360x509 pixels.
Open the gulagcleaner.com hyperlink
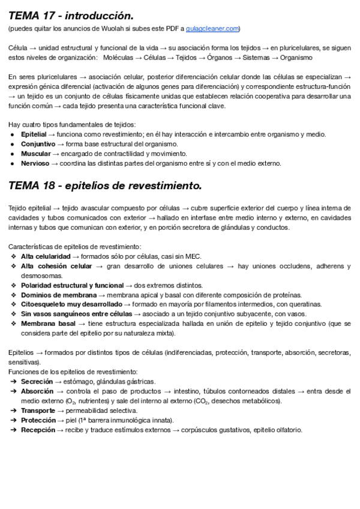pyautogui.click(x=212, y=28)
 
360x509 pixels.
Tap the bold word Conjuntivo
pyautogui.click(x=38, y=144)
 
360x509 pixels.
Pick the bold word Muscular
pyautogui.click(x=36, y=154)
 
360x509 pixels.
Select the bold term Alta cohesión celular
pyautogui.click(x=56, y=266)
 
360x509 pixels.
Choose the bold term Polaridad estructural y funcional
pyautogui.click(x=72, y=285)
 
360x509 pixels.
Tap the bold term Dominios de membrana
pyautogui.click(x=58, y=295)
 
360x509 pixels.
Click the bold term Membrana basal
pyautogui.click(x=48, y=324)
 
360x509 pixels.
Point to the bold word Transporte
pyautogui.click(x=38, y=411)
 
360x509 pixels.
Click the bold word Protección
pyautogui.click(x=38, y=420)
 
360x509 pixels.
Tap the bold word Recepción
pyautogui.click(x=38, y=430)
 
